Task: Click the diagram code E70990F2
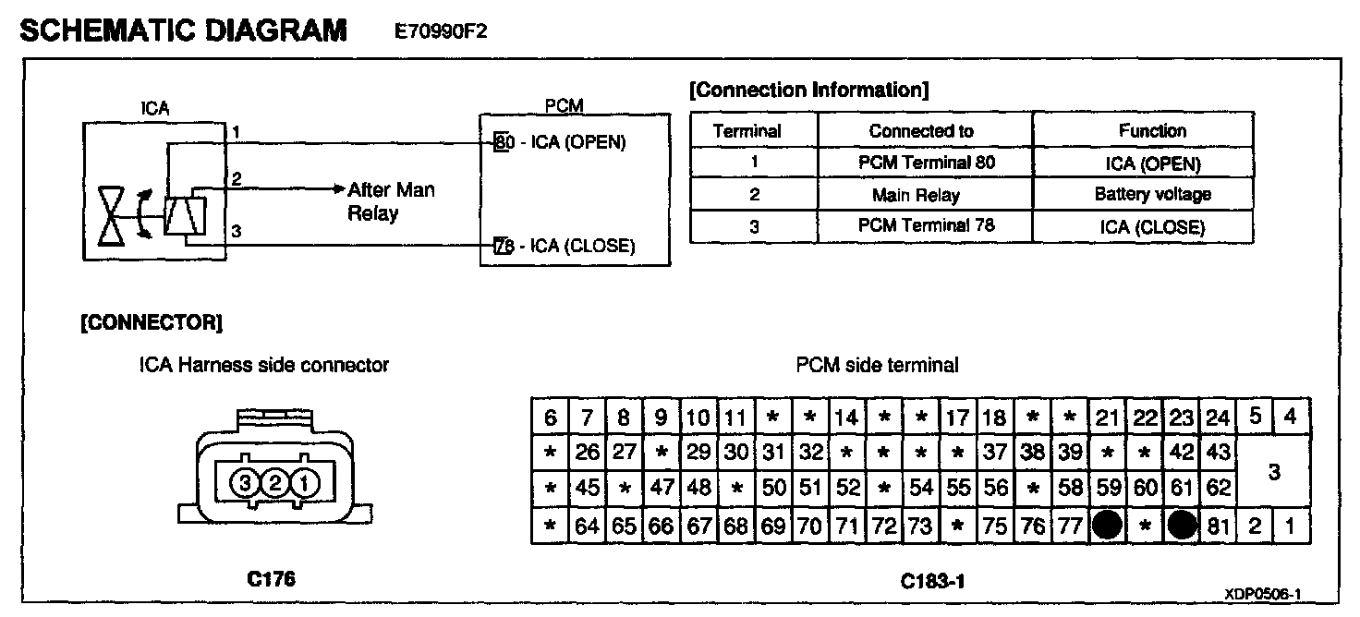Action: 441,32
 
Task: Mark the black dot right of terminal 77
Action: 1107,526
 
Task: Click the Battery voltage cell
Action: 1152,195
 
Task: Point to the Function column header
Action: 1152,131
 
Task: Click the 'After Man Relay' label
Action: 390,201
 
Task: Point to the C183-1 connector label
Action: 932,582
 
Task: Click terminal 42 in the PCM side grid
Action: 1181,453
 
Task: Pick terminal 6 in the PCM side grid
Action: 551,417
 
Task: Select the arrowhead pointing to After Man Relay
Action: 338,188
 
